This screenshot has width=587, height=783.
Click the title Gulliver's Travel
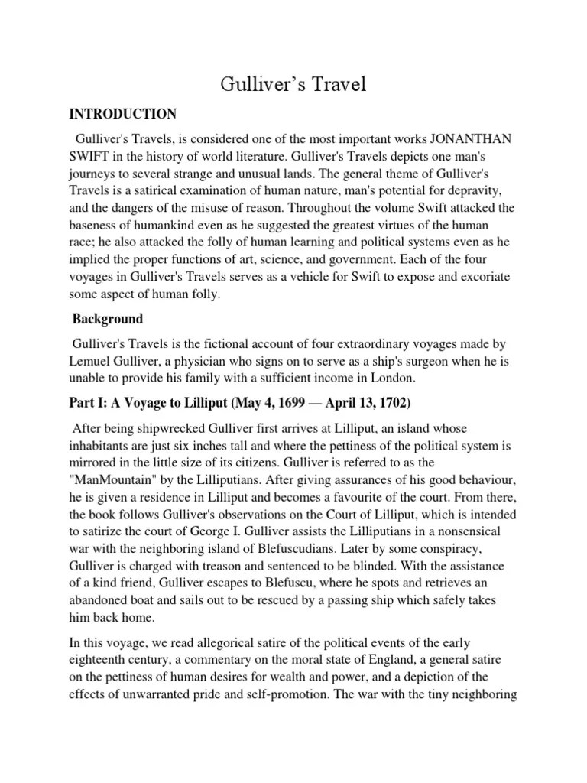click(293, 84)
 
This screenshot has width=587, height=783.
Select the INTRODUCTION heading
click(123, 114)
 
